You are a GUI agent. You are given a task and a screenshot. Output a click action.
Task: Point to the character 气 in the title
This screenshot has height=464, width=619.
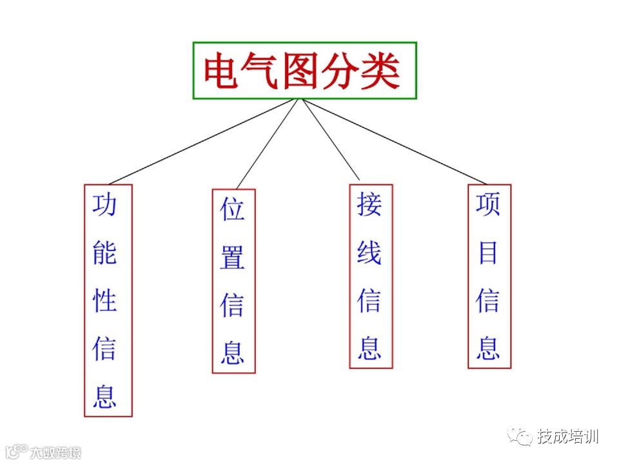coord(262,71)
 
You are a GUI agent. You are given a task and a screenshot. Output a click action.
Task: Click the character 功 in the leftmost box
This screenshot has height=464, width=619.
coord(104,205)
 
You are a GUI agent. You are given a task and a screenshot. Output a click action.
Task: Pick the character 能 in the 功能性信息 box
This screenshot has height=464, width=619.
coord(104,253)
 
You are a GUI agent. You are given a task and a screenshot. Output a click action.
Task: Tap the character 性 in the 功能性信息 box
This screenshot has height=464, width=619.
coord(104,300)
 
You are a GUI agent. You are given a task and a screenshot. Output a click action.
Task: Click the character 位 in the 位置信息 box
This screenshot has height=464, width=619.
coord(233,210)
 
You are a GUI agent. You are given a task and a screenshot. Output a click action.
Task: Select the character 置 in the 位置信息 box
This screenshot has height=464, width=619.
coord(233,258)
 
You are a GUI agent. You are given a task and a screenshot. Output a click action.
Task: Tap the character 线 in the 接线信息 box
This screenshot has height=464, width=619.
coord(369,253)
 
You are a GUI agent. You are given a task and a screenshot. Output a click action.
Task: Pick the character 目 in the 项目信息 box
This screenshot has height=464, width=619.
coord(488,253)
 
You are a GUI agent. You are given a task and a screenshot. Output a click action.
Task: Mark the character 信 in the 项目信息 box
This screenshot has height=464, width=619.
coord(488,300)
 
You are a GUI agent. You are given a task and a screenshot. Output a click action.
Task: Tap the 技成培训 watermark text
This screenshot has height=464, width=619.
coord(567,436)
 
